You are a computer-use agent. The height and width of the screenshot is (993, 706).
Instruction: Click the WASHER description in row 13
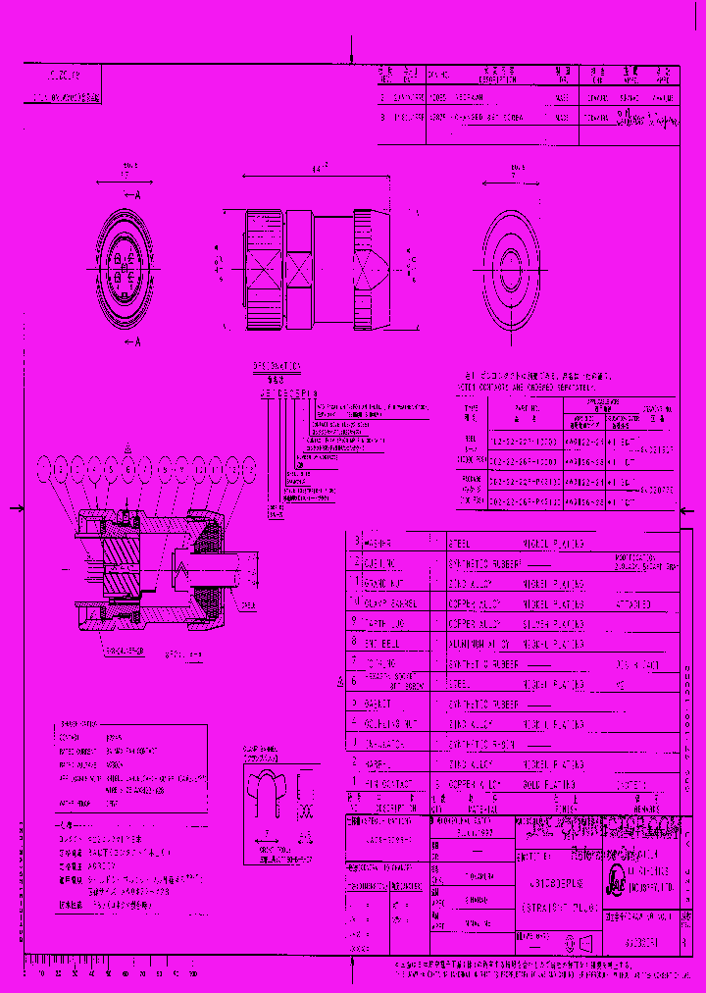[x=378, y=543]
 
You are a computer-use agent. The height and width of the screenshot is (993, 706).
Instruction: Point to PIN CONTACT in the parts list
[x=388, y=785]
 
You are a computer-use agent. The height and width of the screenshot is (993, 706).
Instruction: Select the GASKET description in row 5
[x=377, y=705]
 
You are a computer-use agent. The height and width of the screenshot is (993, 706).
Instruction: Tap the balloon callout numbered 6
[x=126, y=469]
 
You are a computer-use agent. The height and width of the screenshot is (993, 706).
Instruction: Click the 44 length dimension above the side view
[x=317, y=169]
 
